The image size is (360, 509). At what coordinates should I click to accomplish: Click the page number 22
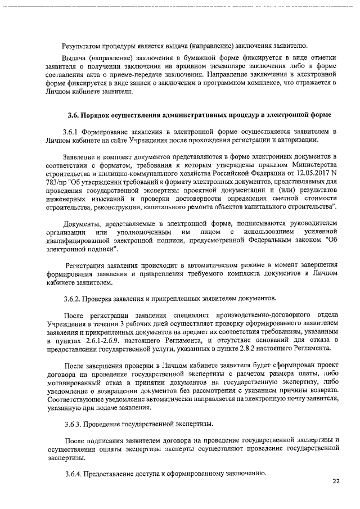click(x=336, y=481)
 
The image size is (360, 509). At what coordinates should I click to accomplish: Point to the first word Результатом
click(x=84, y=45)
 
